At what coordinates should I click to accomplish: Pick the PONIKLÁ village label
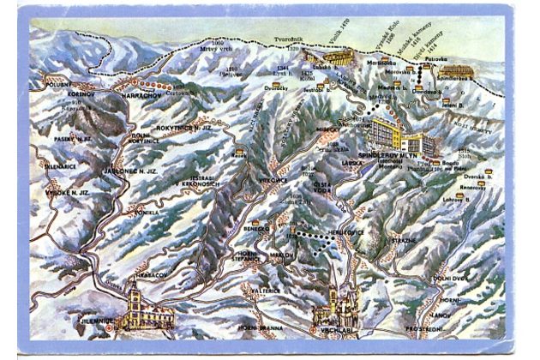(x=144, y=211)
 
